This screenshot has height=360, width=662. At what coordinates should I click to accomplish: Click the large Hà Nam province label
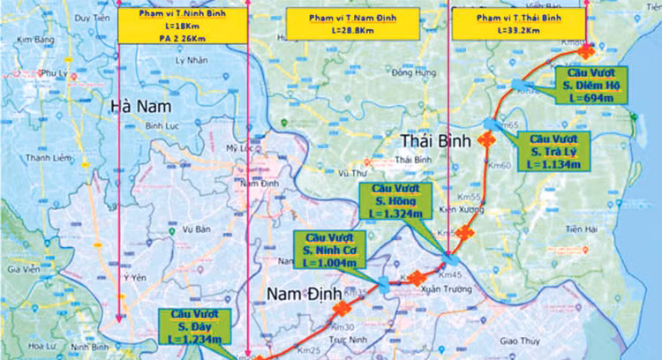tap(139, 107)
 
